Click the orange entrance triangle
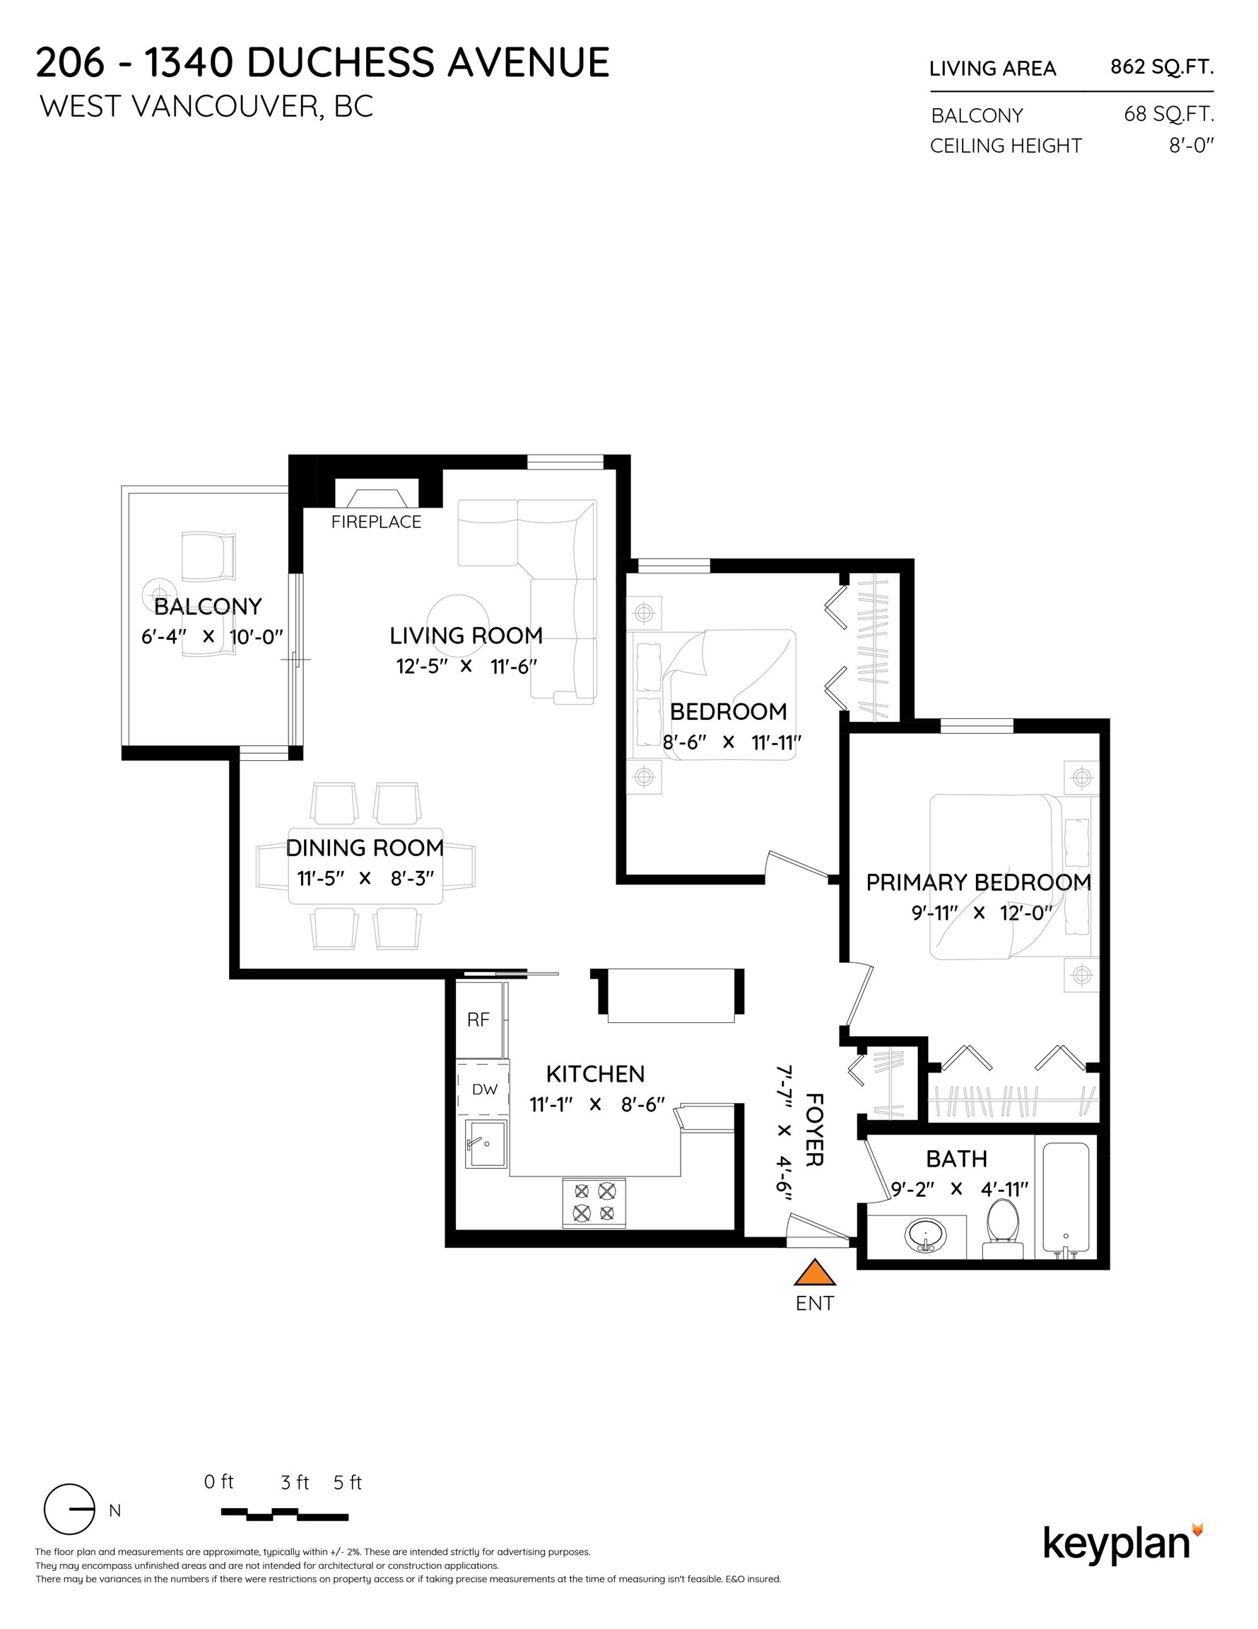point(814,1274)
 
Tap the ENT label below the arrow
point(814,1303)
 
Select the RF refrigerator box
point(478,1019)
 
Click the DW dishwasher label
point(485,1089)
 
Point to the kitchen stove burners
point(594,1202)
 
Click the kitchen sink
point(486,1143)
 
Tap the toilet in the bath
point(1002,1228)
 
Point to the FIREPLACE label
point(376,522)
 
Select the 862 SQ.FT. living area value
point(1161,67)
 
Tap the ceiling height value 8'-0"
point(1191,146)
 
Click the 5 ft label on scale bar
point(348,1483)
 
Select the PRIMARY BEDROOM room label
point(977,882)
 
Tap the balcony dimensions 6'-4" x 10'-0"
point(213,637)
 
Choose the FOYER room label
point(814,1130)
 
